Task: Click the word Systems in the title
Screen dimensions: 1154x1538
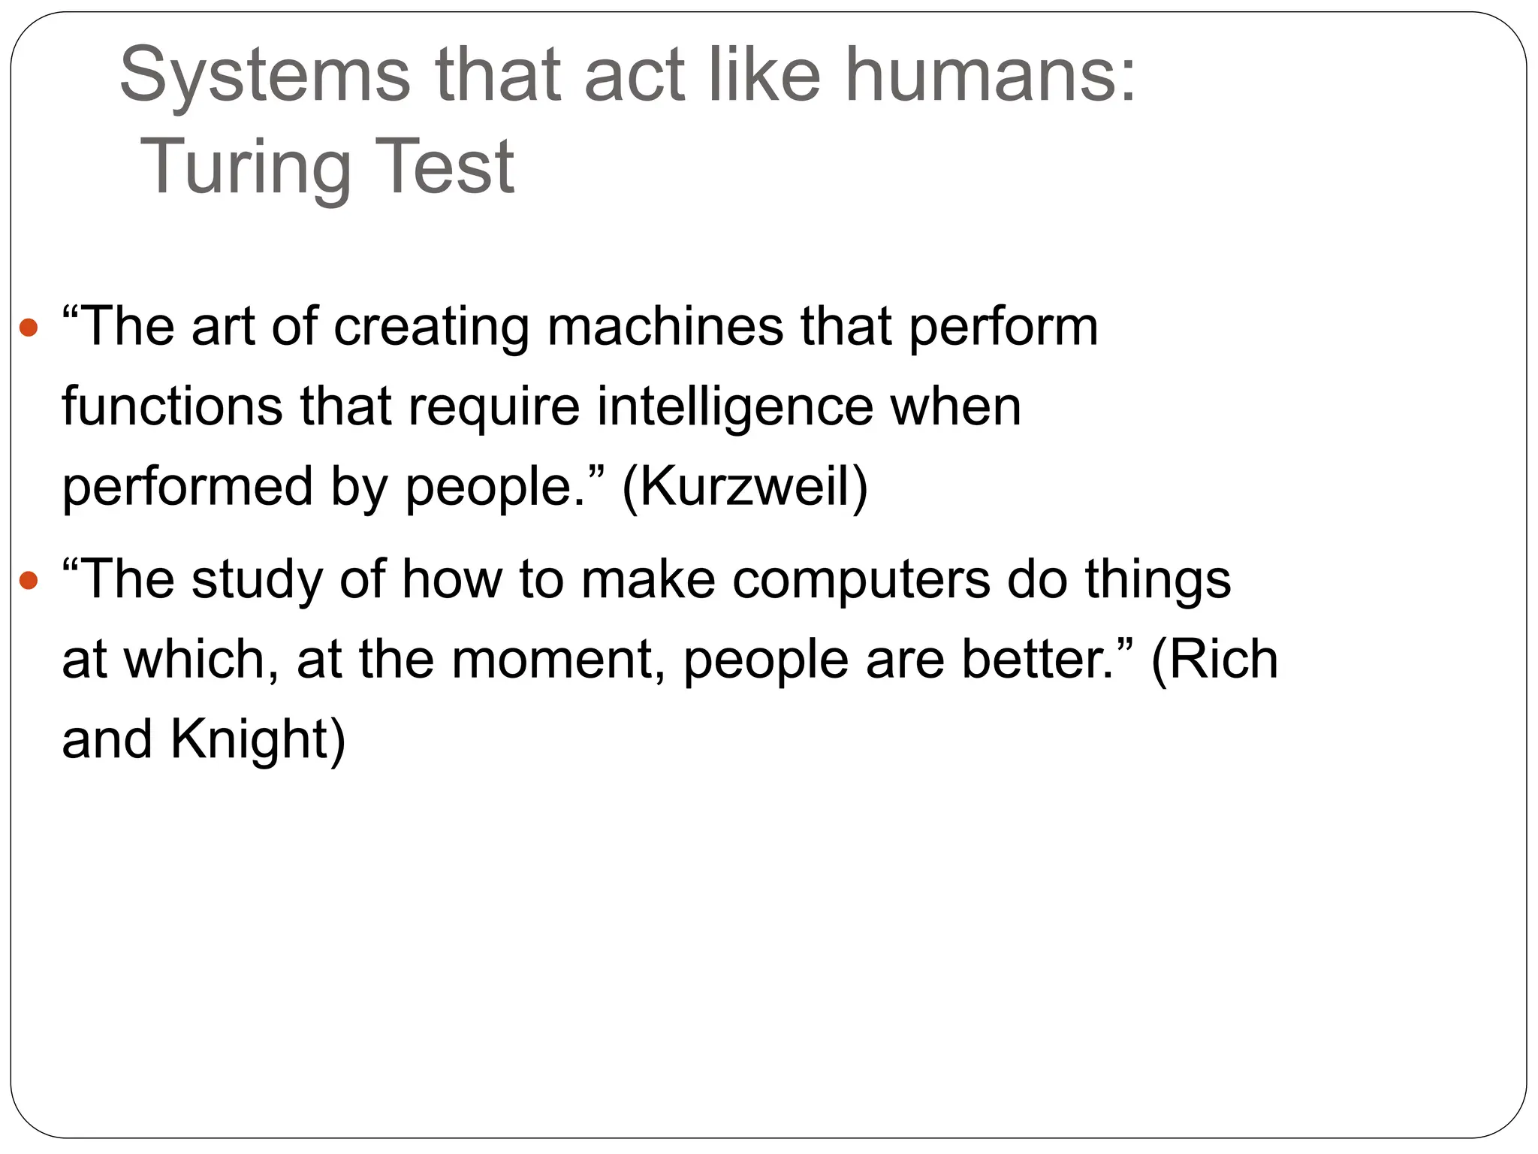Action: [x=264, y=76]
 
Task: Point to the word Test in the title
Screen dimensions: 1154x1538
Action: [x=445, y=167]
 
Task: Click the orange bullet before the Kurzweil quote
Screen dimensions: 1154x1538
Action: [x=29, y=328]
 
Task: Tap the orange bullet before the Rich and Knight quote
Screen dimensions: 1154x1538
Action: [x=29, y=580]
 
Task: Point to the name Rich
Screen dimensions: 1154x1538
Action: [x=1224, y=660]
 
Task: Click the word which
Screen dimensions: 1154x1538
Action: [x=195, y=660]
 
